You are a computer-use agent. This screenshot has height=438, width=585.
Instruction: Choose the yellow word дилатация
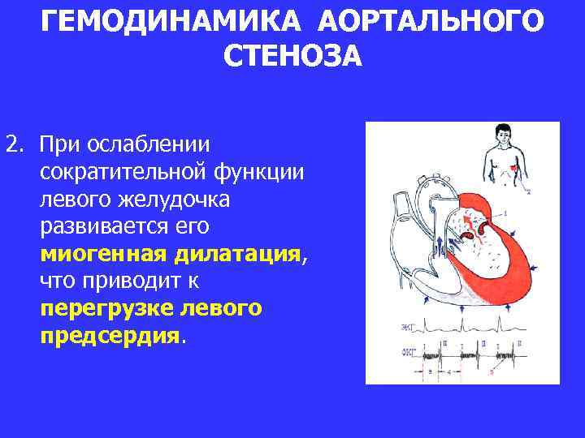click(x=235, y=254)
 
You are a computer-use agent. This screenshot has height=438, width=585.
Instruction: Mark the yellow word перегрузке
click(x=111, y=309)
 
